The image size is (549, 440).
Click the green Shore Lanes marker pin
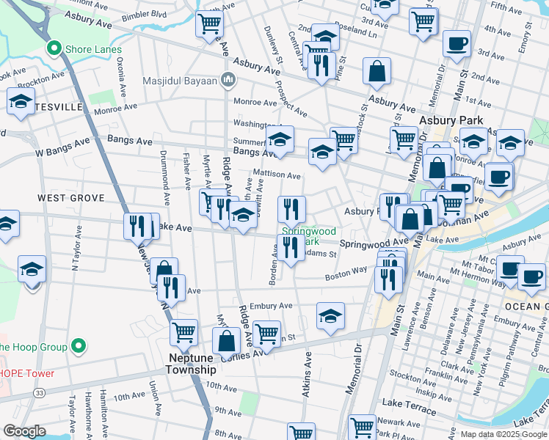pyautogui.click(x=53, y=49)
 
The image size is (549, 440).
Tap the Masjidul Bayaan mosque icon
pyautogui.click(x=229, y=79)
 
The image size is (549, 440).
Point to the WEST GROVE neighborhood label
pyautogui.click(x=71, y=198)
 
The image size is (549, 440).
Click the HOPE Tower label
pyautogui.click(x=26, y=373)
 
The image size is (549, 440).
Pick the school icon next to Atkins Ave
pyautogui.click(x=331, y=316)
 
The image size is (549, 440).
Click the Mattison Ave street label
pyautogui.click(x=277, y=176)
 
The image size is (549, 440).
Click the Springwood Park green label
pyautogui.click(x=308, y=236)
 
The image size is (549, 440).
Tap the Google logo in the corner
pyautogui.click(x=24, y=431)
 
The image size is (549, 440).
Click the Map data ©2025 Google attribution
pyautogui.click(x=503, y=434)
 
